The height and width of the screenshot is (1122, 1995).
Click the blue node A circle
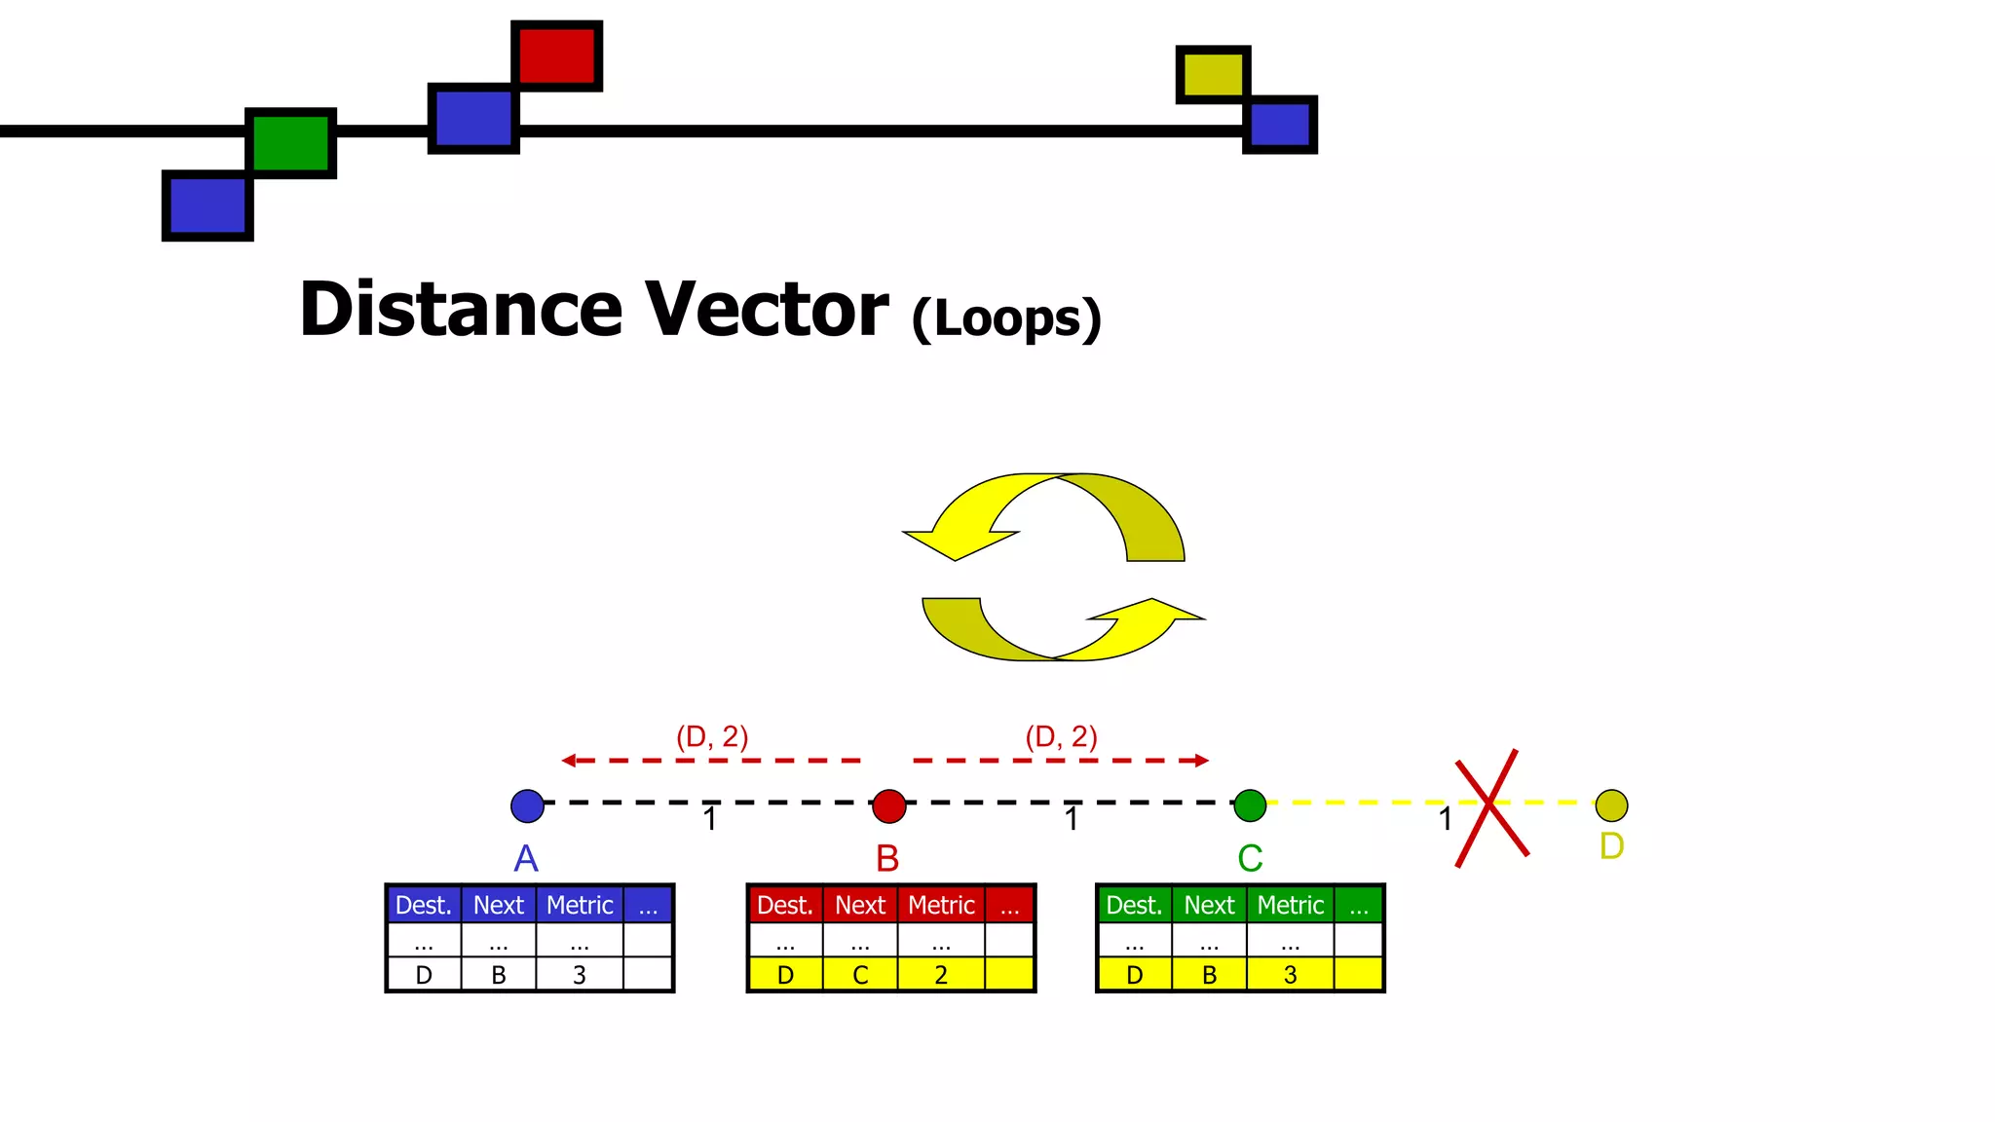(527, 805)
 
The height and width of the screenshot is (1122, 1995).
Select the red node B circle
(888, 805)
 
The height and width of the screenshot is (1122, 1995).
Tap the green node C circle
(1250, 805)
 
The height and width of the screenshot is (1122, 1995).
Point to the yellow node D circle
(1611, 805)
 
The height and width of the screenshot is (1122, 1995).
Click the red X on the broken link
(1490, 805)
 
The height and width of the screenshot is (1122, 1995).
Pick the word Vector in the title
(767, 310)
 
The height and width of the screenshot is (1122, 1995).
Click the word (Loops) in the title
(1006, 318)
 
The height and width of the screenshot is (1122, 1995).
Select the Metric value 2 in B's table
(941, 975)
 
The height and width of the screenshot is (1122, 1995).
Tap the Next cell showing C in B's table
(860, 975)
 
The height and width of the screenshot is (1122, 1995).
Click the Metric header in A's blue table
(580, 905)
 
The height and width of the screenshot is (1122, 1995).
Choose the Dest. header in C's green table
(1134, 905)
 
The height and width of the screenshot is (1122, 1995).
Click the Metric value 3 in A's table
(580, 975)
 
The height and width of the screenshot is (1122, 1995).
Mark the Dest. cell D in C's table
(1134, 975)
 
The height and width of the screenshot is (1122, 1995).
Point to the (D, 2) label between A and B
(712, 736)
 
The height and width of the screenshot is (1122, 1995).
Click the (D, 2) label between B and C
(1061, 736)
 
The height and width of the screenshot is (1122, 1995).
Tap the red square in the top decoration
(556, 56)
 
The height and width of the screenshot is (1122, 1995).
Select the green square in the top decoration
(290, 143)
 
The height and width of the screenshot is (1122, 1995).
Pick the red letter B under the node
(887, 858)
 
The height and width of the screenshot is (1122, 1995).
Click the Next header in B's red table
(860, 905)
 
